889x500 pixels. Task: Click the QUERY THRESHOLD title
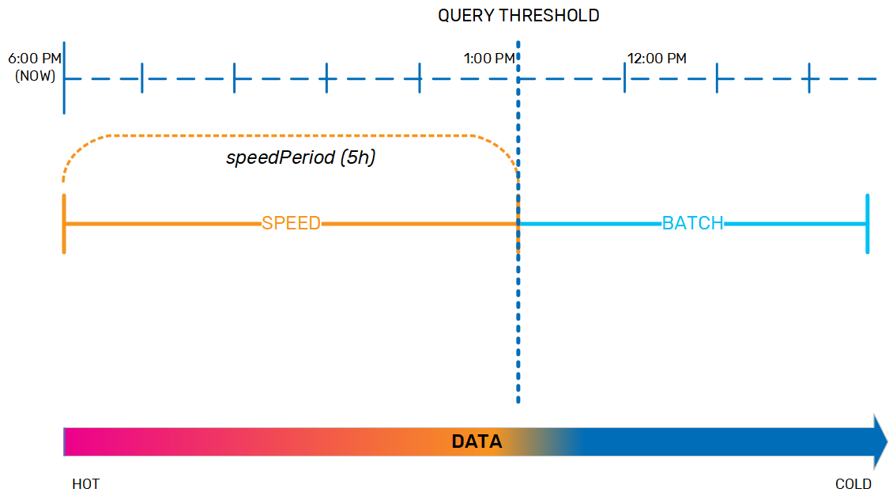(x=518, y=15)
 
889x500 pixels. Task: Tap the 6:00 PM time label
(x=35, y=59)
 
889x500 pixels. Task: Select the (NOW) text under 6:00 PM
(x=35, y=76)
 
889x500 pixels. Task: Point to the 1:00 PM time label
(x=489, y=59)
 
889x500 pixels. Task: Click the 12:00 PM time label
(x=657, y=59)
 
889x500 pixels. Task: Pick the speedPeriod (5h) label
(x=300, y=157)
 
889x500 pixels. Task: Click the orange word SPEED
(x=291, y=223)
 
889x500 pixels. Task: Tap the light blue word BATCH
(x=692, y=223)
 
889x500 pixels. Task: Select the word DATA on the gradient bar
(x=477, y=441)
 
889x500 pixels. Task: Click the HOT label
(x=85, y=484)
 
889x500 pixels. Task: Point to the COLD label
(x=853, y=484)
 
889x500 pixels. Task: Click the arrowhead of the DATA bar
(x=880, y=441)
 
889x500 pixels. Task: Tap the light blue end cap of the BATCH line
(x=868, y=224)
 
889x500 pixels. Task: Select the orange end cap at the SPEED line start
(x=64, y=224)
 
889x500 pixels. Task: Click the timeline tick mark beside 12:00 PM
(x=624, y=78)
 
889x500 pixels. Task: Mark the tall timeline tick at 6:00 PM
(x=64, y=78)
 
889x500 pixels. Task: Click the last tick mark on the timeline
(x=810, y=78)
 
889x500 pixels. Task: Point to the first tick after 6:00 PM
(x=141, y=78)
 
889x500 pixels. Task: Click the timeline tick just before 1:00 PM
(x=420, y=78)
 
